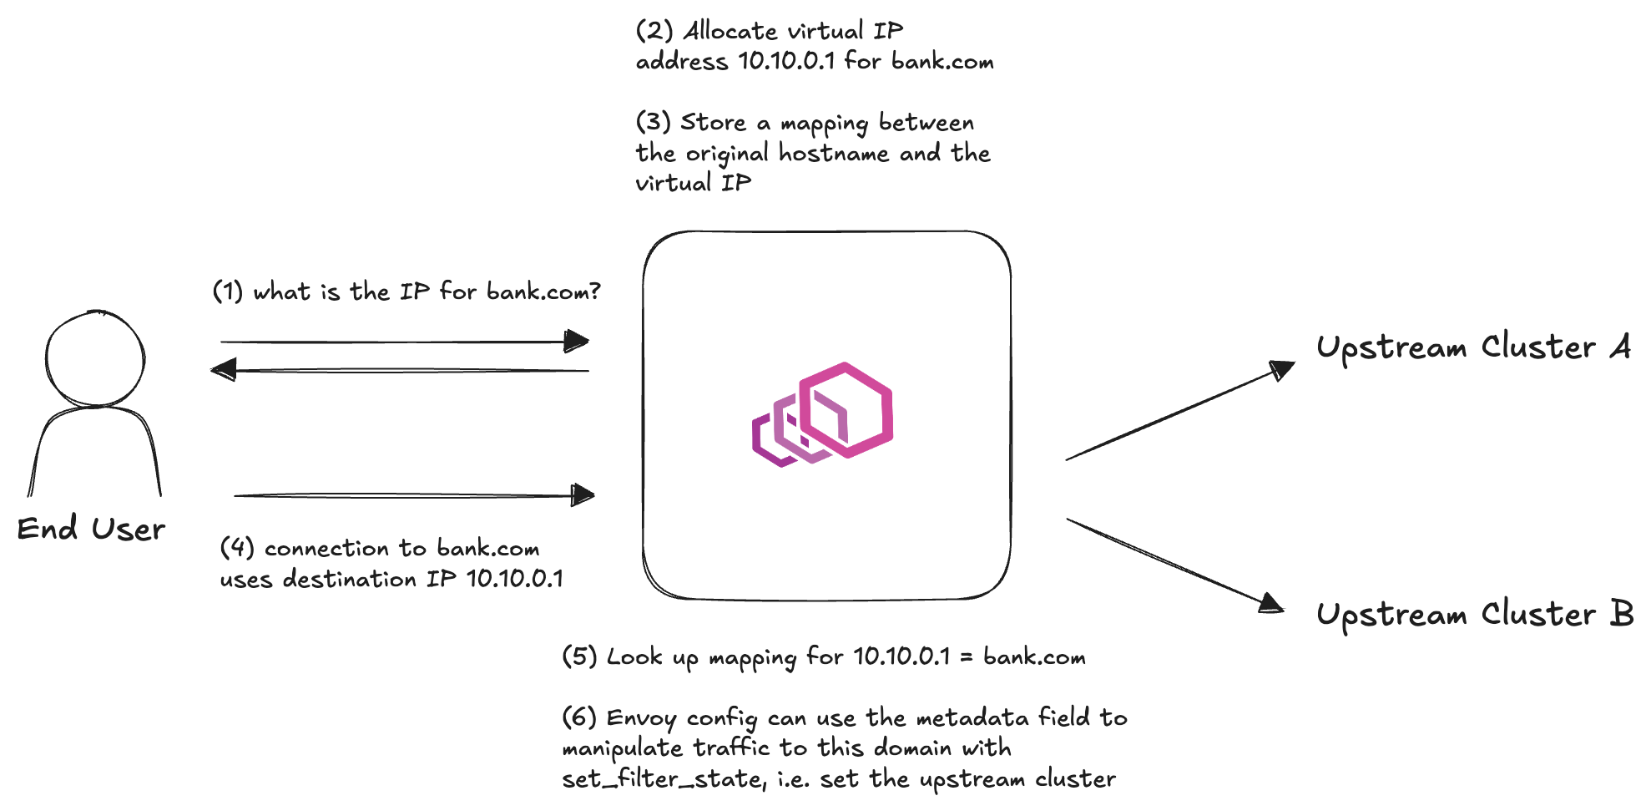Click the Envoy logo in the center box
(822, 414)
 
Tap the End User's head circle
(95, 311)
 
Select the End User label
(91, 529)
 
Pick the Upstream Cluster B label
(1475, 615)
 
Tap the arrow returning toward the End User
(400, 370)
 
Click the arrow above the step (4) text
(414, 495)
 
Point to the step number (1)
(228, 291)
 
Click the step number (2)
(654, 31)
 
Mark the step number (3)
(654, 122)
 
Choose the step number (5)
(580, 656)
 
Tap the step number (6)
(579, 717)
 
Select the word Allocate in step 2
(730, 31)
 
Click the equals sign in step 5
(967, 658)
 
